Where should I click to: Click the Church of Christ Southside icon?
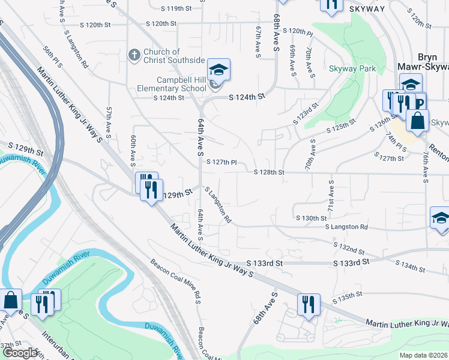point(135,56)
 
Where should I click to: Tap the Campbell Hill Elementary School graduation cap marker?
point(218,70)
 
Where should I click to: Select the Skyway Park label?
point(352,69)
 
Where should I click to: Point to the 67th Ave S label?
point(259,42)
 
